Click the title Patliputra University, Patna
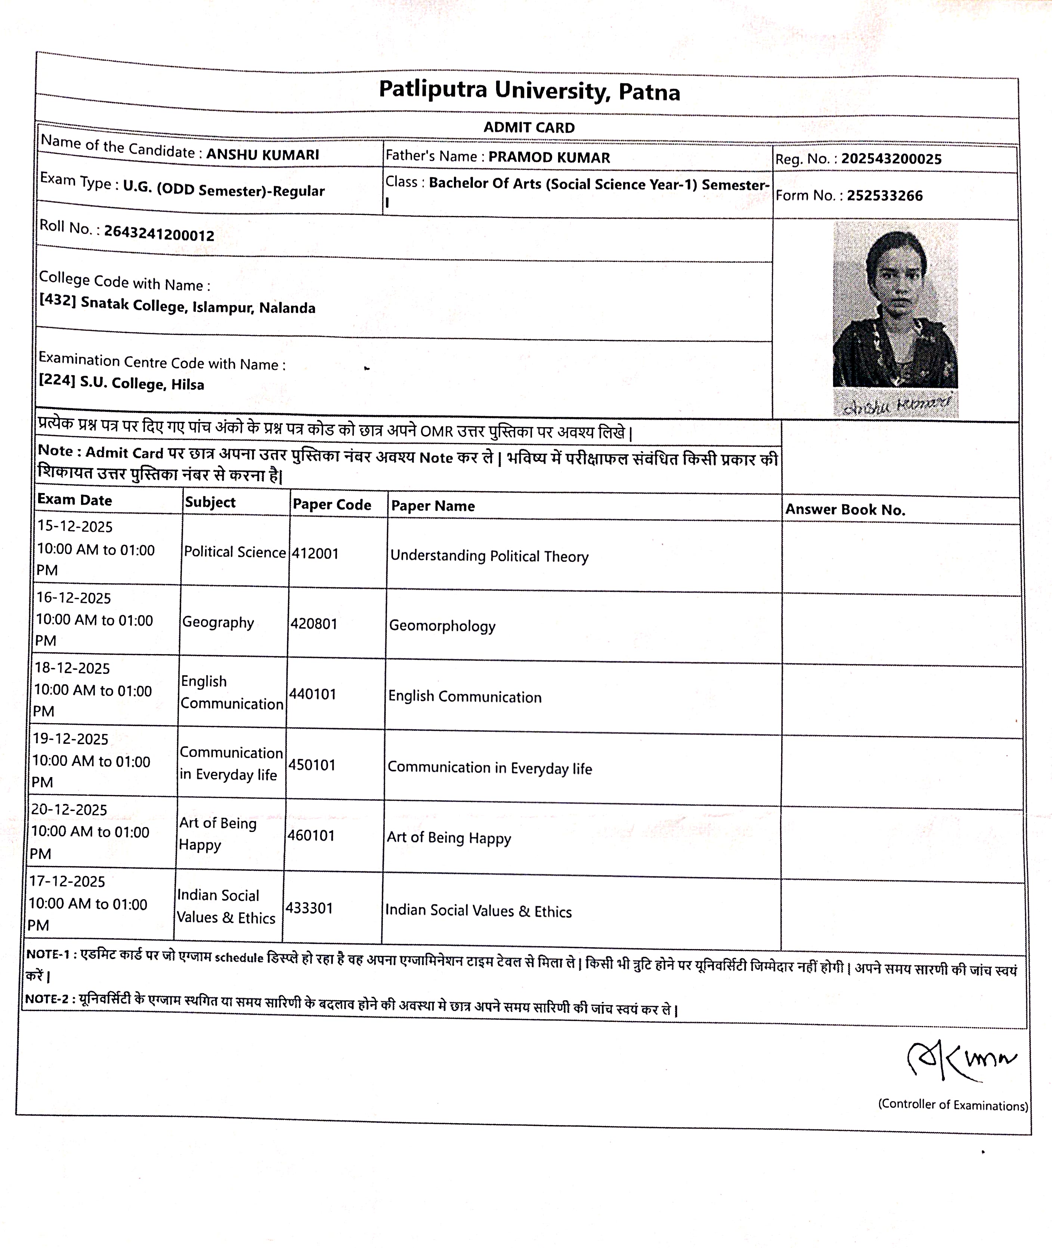(529, 91)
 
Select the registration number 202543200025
(891, 159)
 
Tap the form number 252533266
(884, 196)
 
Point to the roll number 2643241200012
(159, 233)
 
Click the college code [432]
(57, 300)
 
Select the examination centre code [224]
(57, 380)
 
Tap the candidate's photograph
(895, 304)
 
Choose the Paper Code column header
(332, 505)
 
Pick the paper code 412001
(315, 554)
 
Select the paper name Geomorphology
(442, 626)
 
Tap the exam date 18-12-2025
(72, 668)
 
